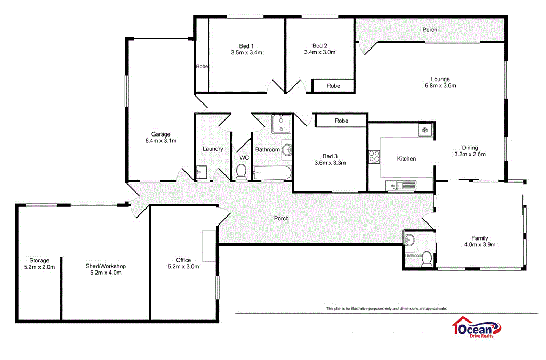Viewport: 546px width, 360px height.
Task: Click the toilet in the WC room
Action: (241, 172)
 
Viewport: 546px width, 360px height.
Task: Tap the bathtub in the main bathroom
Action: (272, 172)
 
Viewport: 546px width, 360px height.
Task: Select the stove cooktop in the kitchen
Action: (374, 156)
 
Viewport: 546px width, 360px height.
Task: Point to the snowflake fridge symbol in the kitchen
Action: (425, 130)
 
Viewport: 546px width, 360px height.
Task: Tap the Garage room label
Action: (160, 134)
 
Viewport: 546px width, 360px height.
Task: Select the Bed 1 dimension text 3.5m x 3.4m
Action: (246, 53)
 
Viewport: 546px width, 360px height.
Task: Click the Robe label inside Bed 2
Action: (333, 86)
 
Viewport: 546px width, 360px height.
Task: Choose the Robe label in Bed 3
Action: (341, 121)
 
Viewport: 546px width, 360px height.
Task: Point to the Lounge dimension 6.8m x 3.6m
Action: (440, 85)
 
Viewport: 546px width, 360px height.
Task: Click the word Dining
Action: (470, 148)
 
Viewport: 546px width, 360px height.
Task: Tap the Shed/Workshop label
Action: (106, 266)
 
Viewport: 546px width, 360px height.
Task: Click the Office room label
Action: (183, 260)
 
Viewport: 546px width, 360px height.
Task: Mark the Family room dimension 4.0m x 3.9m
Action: (479, 245)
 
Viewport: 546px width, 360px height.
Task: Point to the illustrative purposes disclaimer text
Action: (387, 308)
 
